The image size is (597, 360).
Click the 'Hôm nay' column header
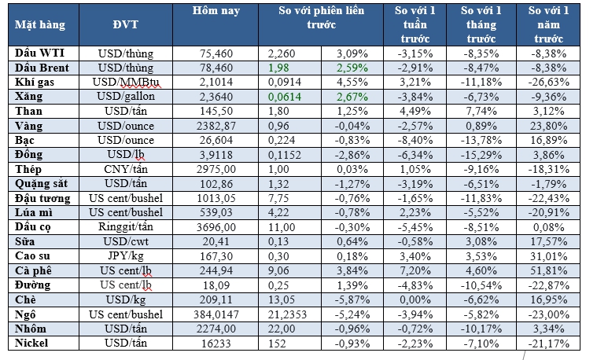point(216,12)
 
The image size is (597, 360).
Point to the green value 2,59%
point(351,68)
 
